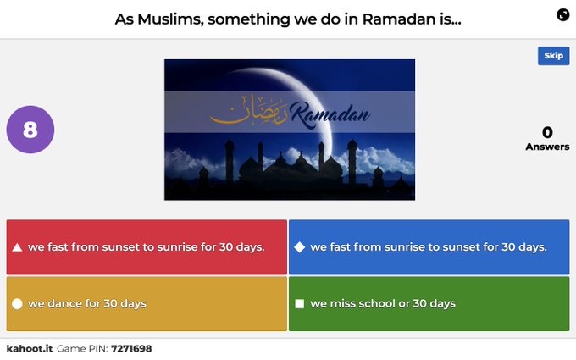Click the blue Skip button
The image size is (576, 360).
tap(554, 56)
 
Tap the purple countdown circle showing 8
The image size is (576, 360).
tap(30, 130)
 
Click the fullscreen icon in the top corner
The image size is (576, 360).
tap(562, 14)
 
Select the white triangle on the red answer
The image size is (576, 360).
tap(17, 247)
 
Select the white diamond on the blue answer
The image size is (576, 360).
tap(299, 247)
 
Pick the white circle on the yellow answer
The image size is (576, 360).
tap(17, 304)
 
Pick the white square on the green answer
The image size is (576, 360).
tap(299, 304)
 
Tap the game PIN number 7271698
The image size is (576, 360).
tap(131, 349)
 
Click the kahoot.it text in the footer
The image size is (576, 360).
tap(30, 349)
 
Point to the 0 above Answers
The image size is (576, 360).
tap(547, 132)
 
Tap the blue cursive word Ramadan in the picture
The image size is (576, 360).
tap(330, 114)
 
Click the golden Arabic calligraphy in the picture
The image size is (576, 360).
tap(249, 110)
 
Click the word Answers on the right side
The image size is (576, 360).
tap(547, 147)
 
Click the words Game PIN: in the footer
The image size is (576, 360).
tap(82, 349)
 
